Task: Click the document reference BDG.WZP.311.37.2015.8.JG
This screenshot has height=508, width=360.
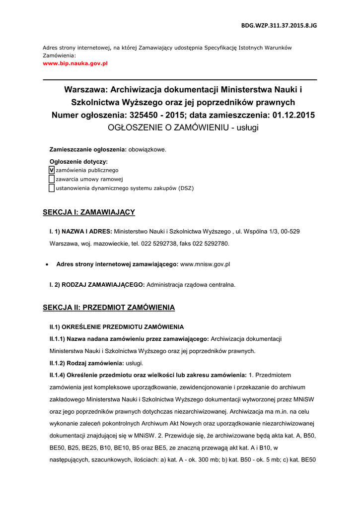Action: pos(279,25)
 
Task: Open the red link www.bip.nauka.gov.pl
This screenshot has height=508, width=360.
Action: pos(75,63)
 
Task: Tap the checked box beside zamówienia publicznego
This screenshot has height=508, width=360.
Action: pos(52,170)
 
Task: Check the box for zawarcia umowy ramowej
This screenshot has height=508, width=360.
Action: pos(52,179)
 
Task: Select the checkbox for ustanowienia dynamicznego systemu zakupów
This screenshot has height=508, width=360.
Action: pos(52,188)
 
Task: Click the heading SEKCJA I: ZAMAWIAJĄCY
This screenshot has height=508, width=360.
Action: pos(89,212)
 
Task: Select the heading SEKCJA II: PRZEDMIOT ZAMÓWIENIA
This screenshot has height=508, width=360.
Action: pos(109,308)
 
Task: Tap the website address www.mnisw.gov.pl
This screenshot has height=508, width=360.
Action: pos(205,264)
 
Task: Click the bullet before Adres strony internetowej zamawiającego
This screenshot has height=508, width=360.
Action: pos(47,265)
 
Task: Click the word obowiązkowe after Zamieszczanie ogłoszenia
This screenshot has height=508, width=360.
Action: pos(147,149)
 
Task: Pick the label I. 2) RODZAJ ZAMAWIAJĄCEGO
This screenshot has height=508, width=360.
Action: pos(97,285)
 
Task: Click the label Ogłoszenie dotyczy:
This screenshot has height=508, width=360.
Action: pos(78,161)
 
